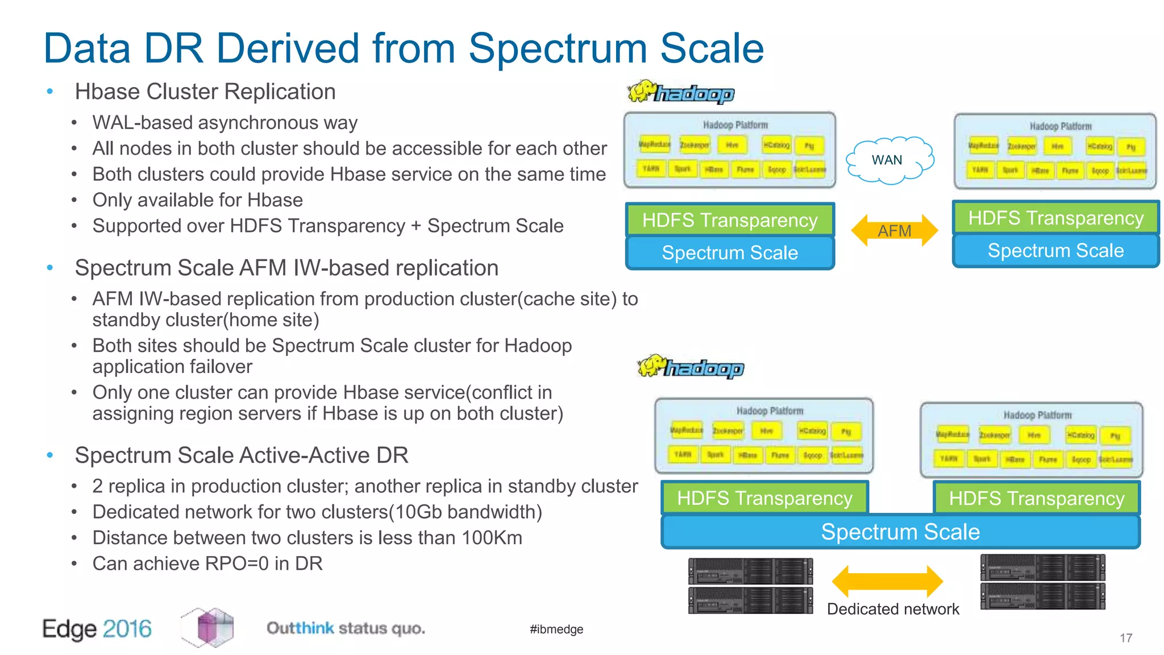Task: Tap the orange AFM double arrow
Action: (x=894, y=230)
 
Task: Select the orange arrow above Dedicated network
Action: (x=887, y=581)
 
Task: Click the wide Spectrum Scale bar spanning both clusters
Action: (x=900, y=532)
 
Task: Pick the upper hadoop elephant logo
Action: (x=680, y=92)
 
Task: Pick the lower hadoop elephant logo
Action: (x=690, y=367)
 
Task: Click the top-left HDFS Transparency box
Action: (x=730, y=220)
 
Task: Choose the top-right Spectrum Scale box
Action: (x=1055, y=251)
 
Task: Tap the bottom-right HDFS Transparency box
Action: (x=1036, y=498)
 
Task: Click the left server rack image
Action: (x=750, y=586)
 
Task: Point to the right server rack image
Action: (x=1042, y=582)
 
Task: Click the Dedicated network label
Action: (x=892, y=609)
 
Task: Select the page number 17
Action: (x=1126, y=638)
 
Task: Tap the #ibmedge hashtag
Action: (x=556, y=629)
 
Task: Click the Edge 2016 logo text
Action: (x=97, y=629)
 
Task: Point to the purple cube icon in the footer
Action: (x=208, y=627)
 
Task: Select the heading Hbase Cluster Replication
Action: (x=205, y=92)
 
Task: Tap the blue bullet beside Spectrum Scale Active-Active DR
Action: (x=50, y=455)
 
